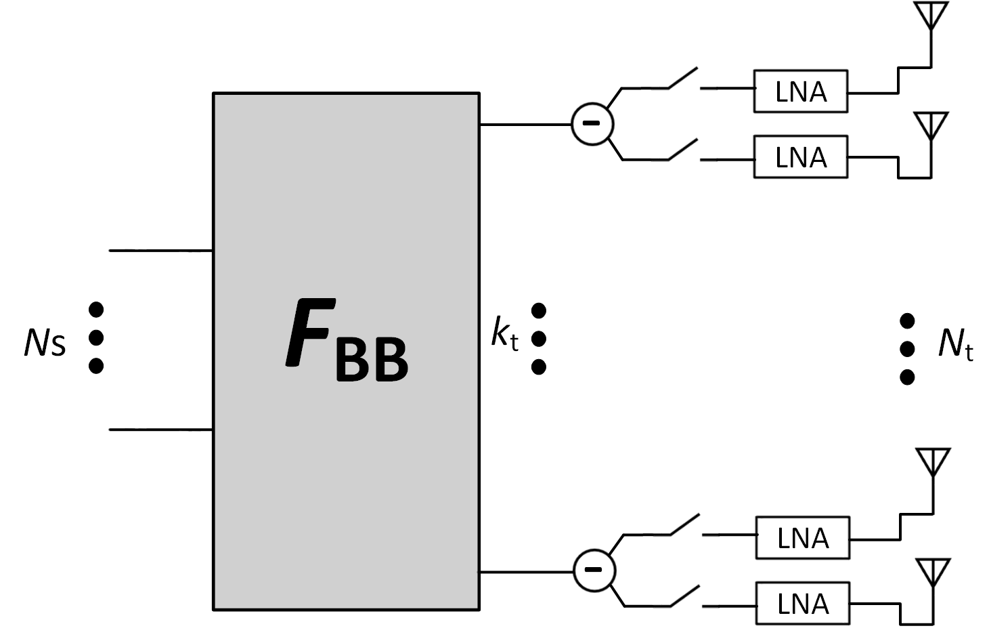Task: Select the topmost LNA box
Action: [800, 91]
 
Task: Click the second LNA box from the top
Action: [800, 157]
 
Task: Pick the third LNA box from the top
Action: [802, 538]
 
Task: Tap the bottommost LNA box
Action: [802, 603]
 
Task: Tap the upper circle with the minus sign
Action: [592, 124]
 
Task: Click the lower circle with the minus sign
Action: [594, 570]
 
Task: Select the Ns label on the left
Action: [45, 343]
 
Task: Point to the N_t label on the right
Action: [955, 344]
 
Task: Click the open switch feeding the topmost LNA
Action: [682, 79]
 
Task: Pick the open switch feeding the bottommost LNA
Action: [684, 596]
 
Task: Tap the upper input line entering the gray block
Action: [161, 251]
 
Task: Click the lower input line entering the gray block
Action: [161, 430]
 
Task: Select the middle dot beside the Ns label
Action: [96, 337]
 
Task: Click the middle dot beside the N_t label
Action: [907, 349]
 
